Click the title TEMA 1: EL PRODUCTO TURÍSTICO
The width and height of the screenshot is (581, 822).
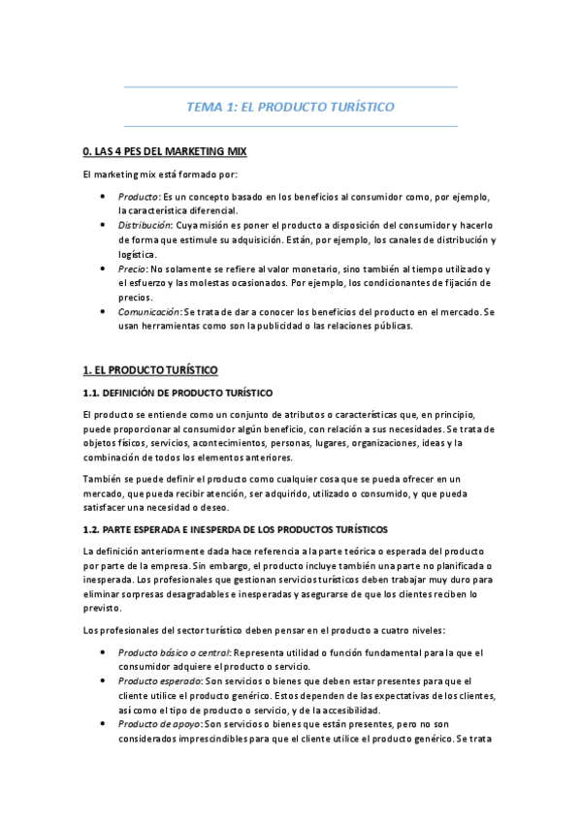click(290, 107)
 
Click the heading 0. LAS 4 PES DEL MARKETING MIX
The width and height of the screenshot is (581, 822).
click(165, 152)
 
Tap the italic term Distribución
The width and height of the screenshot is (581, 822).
click(145, 224)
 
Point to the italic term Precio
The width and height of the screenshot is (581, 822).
click(132, 268)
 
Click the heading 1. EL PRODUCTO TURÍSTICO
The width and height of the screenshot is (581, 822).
click(149, 370)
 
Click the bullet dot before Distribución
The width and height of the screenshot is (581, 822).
click(104, 224)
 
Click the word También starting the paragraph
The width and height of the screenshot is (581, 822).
click(103, 479)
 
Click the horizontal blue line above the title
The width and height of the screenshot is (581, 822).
click(290, 87)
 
